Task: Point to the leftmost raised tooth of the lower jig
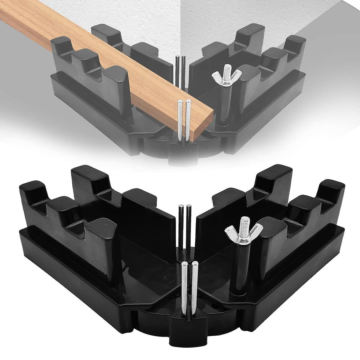pos(32,193)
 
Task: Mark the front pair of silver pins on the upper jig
pos(184,120)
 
